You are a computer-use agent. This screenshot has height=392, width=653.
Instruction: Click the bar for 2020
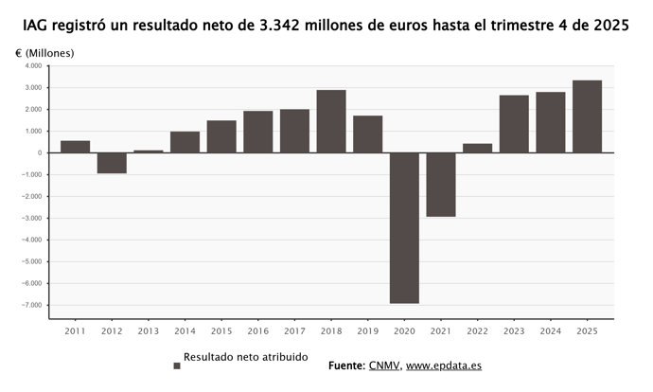[x=404, y=227]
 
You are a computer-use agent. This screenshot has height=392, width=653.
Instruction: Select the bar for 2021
[x=441, y=185]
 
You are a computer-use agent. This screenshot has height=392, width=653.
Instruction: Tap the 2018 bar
[x=331, y=121]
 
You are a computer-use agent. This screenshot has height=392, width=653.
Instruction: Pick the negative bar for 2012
[x=112, y=163]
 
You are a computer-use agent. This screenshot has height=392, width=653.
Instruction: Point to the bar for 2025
[x=587, y=116]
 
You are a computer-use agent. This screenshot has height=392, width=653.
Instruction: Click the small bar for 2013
[x=149, y=151]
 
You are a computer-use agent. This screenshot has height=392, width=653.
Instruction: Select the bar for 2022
[x=478, y=148]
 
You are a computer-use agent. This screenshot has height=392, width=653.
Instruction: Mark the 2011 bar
[x=76, y=147]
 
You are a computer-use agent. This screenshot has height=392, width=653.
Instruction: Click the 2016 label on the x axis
[x=258, y=330]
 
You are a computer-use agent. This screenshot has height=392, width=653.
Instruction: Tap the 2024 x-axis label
[x=551, y=330]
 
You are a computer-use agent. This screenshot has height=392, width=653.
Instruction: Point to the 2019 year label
[x=368, y=330]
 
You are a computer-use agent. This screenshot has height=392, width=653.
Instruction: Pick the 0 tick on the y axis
[x=38, y=153]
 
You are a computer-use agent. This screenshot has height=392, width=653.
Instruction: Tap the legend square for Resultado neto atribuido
[x=176, y=365]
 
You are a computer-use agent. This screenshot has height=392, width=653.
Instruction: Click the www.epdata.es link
[x=444, y=365]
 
